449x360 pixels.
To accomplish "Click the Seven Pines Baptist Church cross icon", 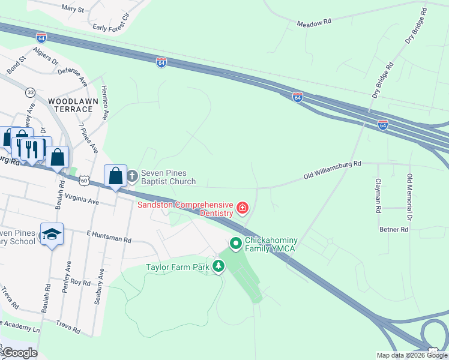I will point(131,176).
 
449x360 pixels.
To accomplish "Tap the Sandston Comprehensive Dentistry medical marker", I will point(243,208).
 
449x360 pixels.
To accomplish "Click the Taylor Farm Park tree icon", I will point(219,266).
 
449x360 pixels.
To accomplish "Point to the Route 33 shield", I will point(30,92).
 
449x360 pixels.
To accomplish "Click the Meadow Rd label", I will point(314,23).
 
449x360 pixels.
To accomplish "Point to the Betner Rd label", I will point(394,229).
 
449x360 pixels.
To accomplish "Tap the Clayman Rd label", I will point(378,196).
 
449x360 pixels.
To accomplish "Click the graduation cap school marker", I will point(52,234).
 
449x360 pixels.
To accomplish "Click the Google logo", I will point(20,353).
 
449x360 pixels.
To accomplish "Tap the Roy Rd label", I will point(80,282).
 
